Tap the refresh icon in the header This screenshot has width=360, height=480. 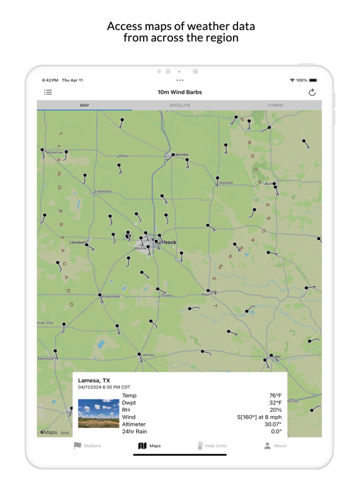(x=312, y=92)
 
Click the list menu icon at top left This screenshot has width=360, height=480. (x=48, y=92)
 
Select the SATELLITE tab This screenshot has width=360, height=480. (x=179, y=106)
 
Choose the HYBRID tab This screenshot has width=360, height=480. (x=275, y=106)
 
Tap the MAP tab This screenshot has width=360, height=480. (x=84, y=106)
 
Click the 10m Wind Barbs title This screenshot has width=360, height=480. (x=179, y=92)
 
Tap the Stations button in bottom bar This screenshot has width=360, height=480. (x=87, y=446)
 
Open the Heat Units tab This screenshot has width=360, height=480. (x=212, y=446)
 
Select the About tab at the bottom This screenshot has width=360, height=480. (x=275, y=446)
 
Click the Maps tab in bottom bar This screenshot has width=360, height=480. (x=149, y=446)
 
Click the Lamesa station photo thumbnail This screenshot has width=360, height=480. (x=98, y=413)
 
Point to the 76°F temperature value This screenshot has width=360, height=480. (x=275, y=396)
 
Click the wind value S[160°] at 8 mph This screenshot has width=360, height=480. (x=259, y=417)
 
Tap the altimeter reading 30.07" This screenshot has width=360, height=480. (x=272, y=424)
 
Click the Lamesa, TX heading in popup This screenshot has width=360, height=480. (x=94, y=380)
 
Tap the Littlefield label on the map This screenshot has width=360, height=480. (x=102, y=191)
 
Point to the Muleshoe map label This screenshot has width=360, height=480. (x=55, y=152)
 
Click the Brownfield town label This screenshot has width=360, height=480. (x=111, y=296)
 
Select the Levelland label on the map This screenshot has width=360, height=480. (x=77, y=242)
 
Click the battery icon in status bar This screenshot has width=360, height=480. (x=313, y=81)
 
